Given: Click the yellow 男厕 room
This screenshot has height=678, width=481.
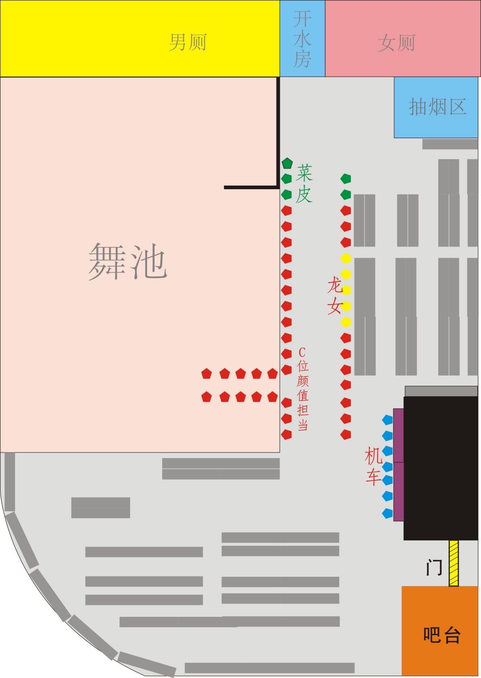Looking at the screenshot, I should pyautogui.click(x=140, y=39).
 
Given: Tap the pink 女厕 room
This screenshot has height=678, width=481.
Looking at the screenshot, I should pyautogui.click(x=403, y=39).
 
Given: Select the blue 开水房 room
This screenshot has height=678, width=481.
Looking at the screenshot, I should pyautogui.click(x=302, y=39).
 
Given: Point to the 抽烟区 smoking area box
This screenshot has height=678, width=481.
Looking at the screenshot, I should pyautogui.click(x=436, y=107).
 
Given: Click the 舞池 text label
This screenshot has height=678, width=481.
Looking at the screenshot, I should pyautogui.click(x=128, y=262).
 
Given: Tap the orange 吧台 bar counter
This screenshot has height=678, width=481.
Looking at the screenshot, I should pyautogui.click(x=441, y=631).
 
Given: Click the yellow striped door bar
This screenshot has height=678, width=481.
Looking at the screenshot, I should pyautogui.click(x=453, y=563).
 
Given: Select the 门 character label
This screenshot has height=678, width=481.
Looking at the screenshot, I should pyautogui.click(x=434, y=568).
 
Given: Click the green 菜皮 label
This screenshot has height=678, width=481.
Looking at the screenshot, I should pyautogui.click(x=305, y=183).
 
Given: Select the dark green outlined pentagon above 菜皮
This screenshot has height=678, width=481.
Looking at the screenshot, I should pyautogui.click(x=287, y=163).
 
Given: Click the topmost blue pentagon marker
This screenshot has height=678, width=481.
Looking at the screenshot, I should pyautogui.click(x=388, y=419).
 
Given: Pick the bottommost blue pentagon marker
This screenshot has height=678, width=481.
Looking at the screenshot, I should pyautogui.click(x=388, y=513).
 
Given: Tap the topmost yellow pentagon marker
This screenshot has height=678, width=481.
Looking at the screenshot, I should pyautogui.click(x=346, y=258).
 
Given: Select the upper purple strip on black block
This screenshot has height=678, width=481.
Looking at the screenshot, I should pyautogui.click(x=399, y=435).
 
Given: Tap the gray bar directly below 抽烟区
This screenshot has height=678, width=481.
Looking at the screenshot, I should pyautogui.click(x=450, y=144).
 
